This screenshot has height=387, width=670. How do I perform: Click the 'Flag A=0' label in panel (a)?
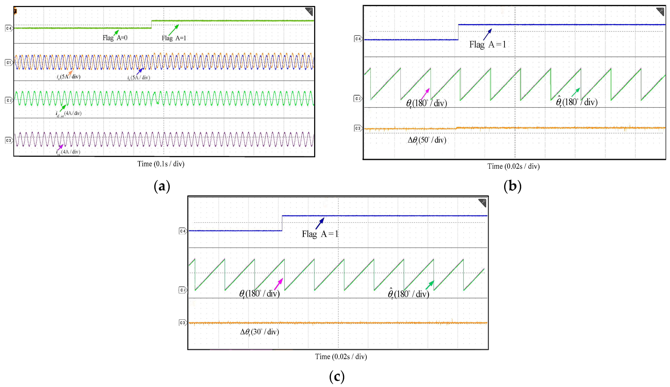(115, 38)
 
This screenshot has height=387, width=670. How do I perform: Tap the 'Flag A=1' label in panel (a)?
(174, 38)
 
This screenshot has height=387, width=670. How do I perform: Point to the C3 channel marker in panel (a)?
(9, 140)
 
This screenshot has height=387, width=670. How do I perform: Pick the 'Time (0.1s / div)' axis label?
(161, 164)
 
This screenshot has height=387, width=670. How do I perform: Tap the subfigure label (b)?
(512, 186)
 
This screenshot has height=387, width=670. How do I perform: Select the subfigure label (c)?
(337, 376)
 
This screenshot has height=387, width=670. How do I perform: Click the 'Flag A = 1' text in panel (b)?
(487, 44)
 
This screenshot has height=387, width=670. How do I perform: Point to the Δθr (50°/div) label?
(427, 140)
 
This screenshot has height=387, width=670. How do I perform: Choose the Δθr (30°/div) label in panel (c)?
(259, 332)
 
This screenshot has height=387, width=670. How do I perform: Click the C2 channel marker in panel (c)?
(183, 290)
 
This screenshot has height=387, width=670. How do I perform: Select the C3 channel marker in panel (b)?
(358, 128)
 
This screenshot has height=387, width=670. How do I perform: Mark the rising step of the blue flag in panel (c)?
(282, 223)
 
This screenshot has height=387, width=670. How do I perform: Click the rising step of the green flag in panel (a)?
(152, 24)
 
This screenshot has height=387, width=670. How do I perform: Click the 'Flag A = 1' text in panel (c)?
(320, 234)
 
